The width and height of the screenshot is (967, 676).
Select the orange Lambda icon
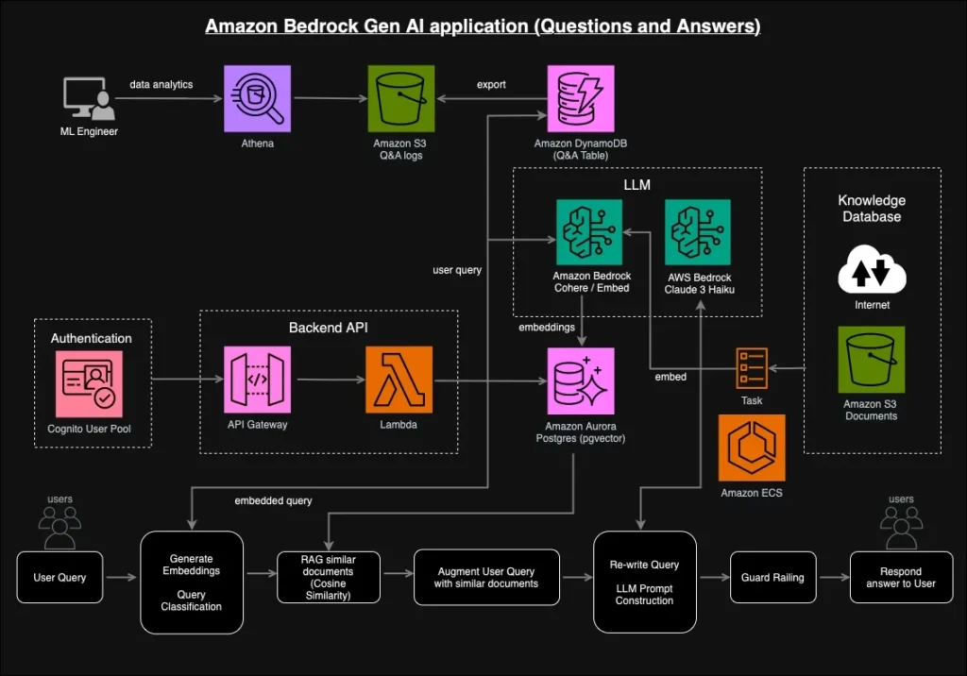399,380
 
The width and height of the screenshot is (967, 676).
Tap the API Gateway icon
257,380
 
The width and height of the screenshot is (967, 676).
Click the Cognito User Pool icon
89,384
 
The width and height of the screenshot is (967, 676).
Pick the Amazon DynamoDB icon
580,99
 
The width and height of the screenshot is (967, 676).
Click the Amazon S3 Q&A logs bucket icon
400,99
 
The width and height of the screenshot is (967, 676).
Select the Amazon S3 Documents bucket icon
871,360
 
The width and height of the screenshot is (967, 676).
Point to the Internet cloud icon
871,271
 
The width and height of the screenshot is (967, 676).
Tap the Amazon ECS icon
752,448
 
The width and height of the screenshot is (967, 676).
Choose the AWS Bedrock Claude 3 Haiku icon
700,232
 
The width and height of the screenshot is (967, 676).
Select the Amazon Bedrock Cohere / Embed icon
590,232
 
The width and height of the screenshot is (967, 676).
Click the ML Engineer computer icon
87,99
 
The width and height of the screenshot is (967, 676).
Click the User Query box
59,578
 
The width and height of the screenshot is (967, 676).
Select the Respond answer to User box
900,578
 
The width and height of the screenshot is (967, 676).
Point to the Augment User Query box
485,578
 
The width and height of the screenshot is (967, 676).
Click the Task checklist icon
752,367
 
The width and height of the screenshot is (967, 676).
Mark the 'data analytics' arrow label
161,85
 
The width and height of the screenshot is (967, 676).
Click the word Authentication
91,338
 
